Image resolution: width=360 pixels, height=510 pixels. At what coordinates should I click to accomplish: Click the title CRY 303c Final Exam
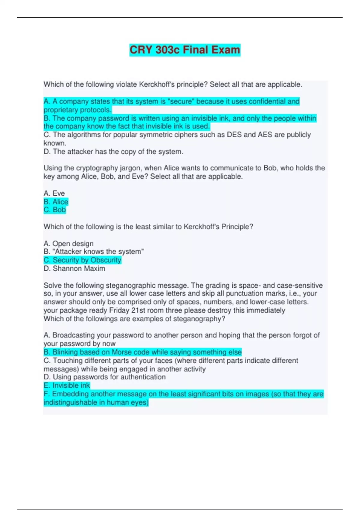pos(185,49)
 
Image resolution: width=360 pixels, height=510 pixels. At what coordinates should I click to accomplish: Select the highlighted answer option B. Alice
pos(56,202)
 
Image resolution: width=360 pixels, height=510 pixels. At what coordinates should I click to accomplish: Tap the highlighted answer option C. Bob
pos(55,210)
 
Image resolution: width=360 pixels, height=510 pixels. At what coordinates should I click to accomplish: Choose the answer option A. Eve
pos(54,193)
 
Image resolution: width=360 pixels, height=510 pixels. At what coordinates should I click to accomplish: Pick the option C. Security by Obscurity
pos(82,260)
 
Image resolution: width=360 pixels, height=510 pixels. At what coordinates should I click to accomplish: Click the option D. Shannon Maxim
pos(74,268)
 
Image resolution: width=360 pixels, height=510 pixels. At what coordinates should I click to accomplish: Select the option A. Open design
pos(69,243)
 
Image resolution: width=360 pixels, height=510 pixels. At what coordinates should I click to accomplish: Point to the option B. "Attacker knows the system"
pos(94,251)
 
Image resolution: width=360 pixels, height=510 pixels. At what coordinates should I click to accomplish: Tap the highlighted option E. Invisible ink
pos(67,385)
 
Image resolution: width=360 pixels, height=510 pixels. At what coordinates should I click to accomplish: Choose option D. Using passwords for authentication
pos(104,377)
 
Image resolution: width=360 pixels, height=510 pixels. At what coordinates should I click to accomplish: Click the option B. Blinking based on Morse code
pos(142,352)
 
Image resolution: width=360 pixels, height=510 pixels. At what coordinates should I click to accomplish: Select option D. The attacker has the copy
pos(113,151)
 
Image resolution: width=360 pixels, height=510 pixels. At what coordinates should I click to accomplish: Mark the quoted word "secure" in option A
pos(181,101)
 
